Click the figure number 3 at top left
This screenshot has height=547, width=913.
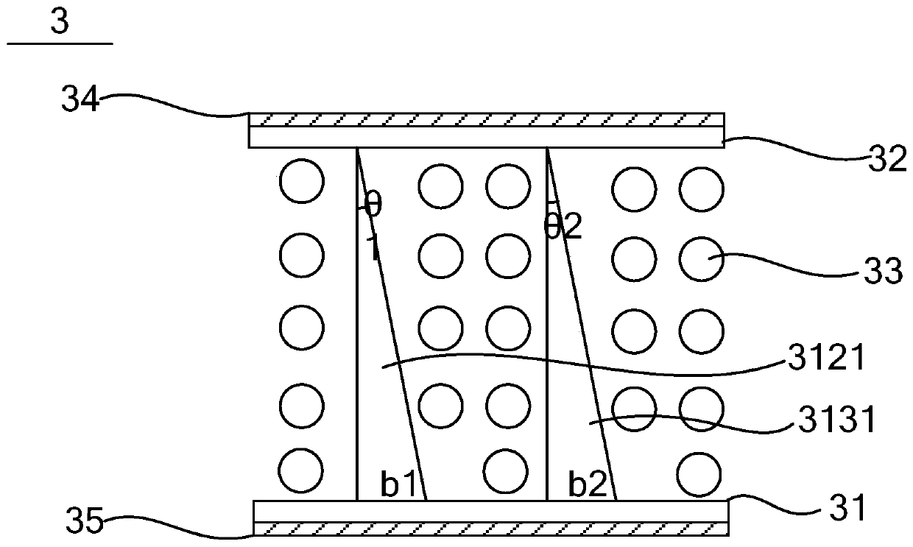click(60, 22)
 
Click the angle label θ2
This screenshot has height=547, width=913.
click(563, 226)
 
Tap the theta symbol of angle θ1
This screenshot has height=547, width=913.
click(373, 205)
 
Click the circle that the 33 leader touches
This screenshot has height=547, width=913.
click(701, 257)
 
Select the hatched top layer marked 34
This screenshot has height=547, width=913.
click(486, 120)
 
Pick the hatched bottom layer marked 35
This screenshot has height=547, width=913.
click(490, 528)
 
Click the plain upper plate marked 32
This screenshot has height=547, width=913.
click(486, 137)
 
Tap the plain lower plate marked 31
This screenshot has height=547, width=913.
click(490, 511)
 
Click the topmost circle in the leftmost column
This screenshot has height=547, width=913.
click(302, 181)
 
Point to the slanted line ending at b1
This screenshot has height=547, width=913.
click(392, 324)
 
